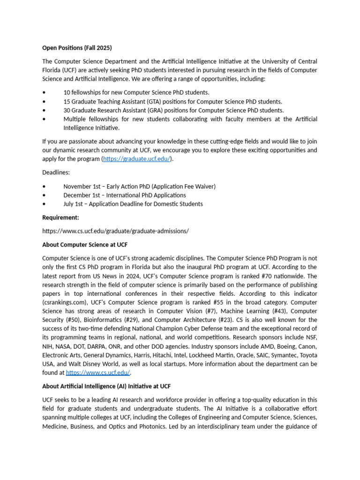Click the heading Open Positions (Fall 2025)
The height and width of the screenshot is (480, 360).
pyautogui.click(x=77, y=48)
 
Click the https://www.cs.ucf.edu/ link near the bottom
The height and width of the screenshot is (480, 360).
pyautogui.click(x=98, y=373)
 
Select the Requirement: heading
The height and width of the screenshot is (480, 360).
pyautogui.click(x=60, y=217)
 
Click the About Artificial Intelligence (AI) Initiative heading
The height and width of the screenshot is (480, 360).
pyautogui.click(x=106, y=386)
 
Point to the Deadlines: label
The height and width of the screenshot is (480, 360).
pyautogui.click(x=56, y=172)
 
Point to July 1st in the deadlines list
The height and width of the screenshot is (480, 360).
pyautogui.click(x=74, y=204)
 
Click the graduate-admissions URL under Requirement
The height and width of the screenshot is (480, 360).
pyautogui.click(x=115, y=231)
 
